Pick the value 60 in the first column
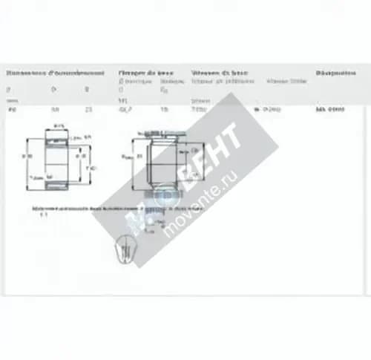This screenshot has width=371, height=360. point(10,109)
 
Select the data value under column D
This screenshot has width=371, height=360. point(54,109)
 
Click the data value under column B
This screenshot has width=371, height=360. point(89,109)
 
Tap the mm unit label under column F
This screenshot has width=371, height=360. point(10,100)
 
